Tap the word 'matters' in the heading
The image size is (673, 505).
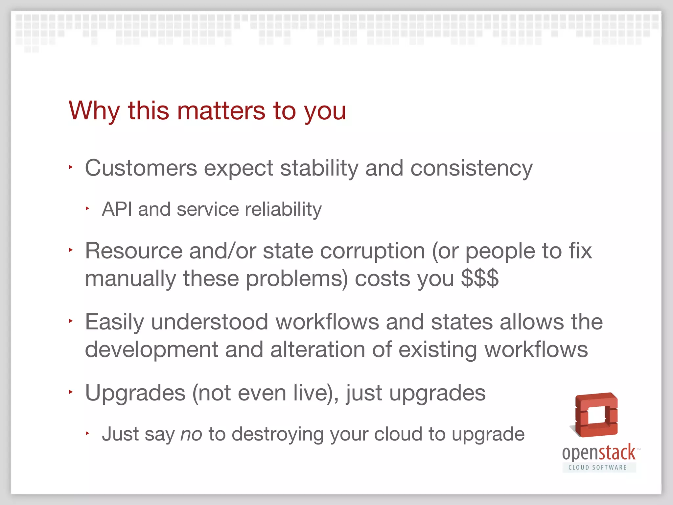click(221, 111)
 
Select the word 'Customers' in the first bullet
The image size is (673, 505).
click(141, 168)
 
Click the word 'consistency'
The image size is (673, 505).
click(471, 168)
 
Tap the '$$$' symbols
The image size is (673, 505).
click(480, 278)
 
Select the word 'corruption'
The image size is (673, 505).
click(372, 251)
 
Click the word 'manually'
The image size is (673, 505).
click(130, 278)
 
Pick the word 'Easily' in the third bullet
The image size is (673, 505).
click(114, 322)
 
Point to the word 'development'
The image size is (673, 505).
click(151, 349)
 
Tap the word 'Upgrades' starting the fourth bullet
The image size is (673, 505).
click(135, 393)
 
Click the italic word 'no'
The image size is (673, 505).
click(191, 434)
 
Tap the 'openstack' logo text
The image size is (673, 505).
click(598, 453)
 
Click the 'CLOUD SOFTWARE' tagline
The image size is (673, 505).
click(597, 468)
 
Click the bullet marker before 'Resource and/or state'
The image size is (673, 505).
click(71, 250)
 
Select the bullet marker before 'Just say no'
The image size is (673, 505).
click(87, 433)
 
